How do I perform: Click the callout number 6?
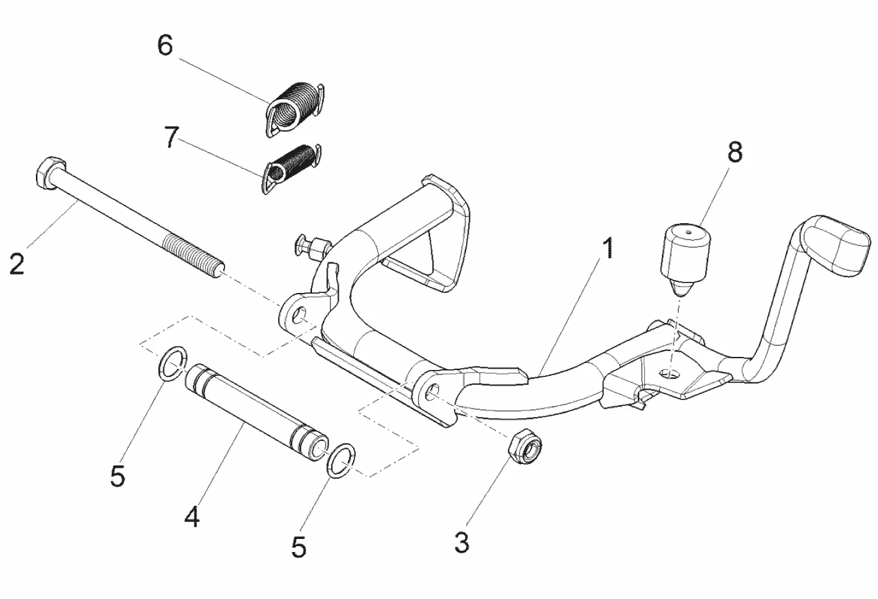click(x=165, y=45)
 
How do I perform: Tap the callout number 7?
click(x=171, y=137)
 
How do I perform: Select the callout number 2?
click(x=17, y=264)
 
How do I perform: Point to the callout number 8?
click(x=735, y=152)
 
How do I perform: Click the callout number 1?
click(x=608, y=248)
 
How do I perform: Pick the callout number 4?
click(x=192, y=517)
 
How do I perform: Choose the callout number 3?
click(x=462, y=543)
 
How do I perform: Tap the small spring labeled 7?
click(x=292, y=168)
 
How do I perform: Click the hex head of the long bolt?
click(x=48, y=174)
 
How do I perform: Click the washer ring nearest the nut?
click(x=341, y=461)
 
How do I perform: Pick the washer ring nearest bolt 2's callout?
click(x=172, y=363)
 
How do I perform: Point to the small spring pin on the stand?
click(x=311, y=247)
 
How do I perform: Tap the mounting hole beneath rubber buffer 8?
click(x=669, y=373)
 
